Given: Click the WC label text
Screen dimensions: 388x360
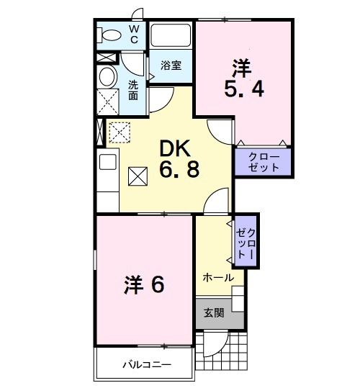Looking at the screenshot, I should [133, 34].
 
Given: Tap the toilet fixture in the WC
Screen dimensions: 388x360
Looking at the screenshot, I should [111, 35].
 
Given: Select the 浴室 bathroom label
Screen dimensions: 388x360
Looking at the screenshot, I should [171, 65].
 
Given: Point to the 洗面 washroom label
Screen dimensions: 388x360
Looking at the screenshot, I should [133, 89].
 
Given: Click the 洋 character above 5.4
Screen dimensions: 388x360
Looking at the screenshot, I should [242, 68].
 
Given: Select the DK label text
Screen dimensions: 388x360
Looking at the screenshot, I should [176, 148].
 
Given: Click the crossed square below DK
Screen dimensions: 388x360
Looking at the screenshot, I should [138, 176].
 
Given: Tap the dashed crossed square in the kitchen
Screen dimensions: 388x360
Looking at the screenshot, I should [118, 132].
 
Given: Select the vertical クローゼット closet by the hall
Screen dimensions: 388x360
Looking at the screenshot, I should [246, 241].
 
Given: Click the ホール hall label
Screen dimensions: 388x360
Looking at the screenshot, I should [217, 277].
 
